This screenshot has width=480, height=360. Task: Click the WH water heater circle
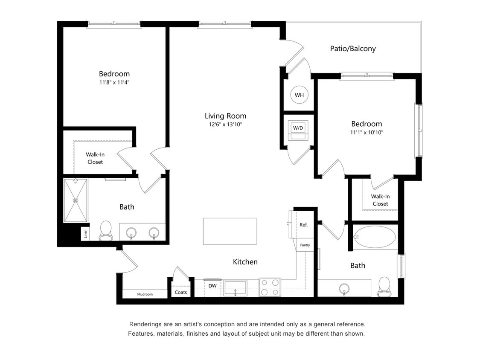tap(299, 95)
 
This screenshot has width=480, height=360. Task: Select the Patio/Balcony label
tap(353, 49)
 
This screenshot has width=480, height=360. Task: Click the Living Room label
tap(225, 116)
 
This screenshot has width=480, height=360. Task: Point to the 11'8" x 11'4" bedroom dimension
tap(114, 82)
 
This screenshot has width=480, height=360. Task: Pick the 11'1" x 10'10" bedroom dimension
tap(367, 132)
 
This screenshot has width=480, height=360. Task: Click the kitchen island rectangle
tap(230, 231)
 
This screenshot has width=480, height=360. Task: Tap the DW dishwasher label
tap(212, 286)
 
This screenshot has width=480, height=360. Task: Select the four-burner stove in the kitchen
tap(270, 287)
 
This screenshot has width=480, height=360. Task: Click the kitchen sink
tap(235, 287)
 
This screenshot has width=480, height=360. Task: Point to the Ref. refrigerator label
tap(303, 225)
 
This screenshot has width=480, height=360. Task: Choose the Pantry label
tap(305, 245)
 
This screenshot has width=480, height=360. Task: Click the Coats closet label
tap(181, 293)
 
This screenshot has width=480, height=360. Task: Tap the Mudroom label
tap(145, 294)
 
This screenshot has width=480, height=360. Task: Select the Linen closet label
tap(86, 233)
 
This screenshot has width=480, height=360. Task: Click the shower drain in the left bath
tap(76, 200)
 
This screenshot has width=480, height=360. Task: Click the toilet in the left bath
tap(105, 230)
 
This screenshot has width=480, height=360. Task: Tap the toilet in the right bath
tap(384, 287)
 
